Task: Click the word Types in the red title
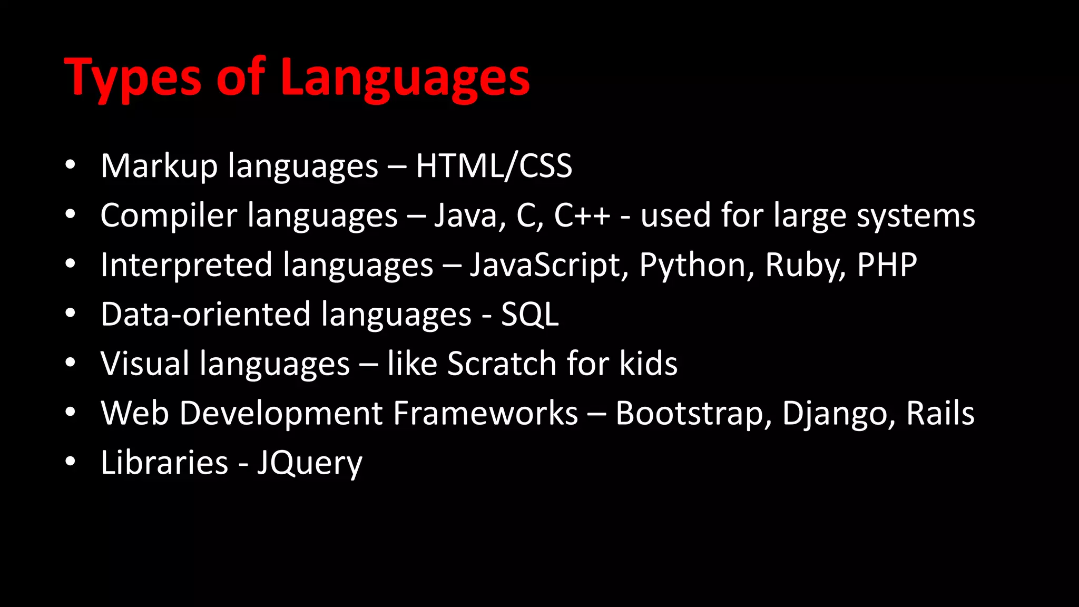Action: pos(132,78)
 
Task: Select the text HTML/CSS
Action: pos(494,166)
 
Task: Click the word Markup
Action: pos(159,166)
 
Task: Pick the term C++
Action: pos(582,216)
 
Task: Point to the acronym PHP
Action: pos(887,265)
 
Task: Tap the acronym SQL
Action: pos(529,315)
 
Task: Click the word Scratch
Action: pos(502,364)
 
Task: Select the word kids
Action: pos(649,364)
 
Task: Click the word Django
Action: pos(838,413)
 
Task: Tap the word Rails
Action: pos(940,413)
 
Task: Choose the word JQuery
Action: pos(310,463)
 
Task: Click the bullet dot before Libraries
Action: pos(70,462)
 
